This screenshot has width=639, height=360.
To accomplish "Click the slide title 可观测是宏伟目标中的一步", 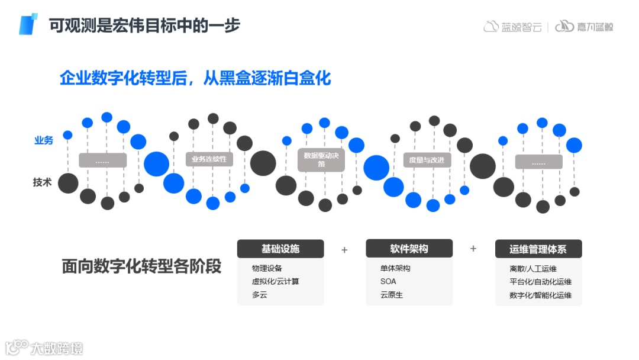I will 145,25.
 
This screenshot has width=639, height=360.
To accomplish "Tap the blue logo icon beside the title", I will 28,24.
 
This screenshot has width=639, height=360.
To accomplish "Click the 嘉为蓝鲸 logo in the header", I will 584,27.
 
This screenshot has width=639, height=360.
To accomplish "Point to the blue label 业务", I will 44,140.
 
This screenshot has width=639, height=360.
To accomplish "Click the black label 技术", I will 43,183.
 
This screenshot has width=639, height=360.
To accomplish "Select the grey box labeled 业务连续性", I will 209,159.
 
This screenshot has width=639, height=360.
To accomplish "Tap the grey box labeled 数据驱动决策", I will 321,160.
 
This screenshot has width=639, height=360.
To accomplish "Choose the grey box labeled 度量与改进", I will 427,160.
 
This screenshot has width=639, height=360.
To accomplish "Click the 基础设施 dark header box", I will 280,249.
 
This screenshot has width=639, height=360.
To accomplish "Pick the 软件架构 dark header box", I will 409,249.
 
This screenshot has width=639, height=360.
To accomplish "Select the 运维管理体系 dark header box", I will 538,249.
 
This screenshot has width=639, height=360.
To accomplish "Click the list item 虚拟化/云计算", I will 276,281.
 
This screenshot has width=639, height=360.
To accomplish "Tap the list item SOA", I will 388,281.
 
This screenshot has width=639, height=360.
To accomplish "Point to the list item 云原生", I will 392,295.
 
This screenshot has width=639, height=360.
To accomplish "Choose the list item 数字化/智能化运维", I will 540,295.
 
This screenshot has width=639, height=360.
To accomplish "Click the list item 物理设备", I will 267,268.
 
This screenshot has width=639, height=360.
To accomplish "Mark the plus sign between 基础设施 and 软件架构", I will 344,250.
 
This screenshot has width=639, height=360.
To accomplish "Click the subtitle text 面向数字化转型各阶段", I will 141,266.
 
